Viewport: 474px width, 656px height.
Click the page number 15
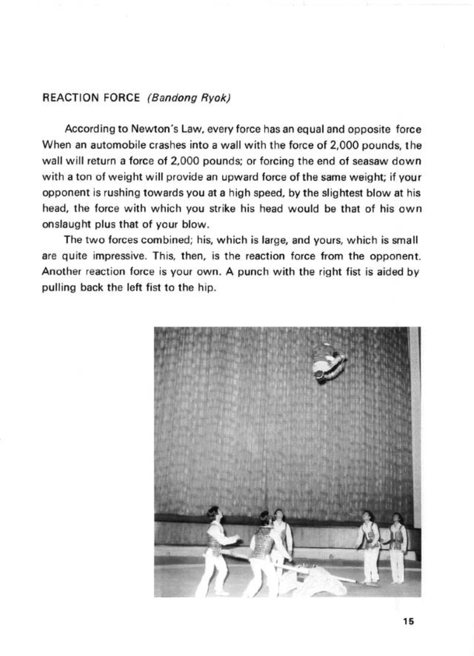click(409, 622)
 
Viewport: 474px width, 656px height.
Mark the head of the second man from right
click(367, 516)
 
